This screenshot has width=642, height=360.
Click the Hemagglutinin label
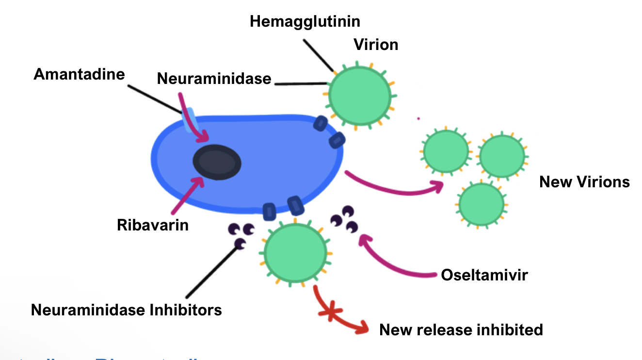[x=305, y=21]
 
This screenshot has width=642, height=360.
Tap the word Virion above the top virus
[x=376, y=45]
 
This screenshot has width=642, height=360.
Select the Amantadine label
[x=79, y=74]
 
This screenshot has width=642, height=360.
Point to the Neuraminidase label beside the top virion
[x=214, y=78]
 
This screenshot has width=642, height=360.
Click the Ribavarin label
[x=153, y=225]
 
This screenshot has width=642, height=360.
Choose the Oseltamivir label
[x=484, y=275]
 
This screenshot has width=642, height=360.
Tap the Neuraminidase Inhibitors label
[x=127, y=310]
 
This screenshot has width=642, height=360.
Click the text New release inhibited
[x=461, y=330]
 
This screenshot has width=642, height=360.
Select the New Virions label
[x=584, y=182]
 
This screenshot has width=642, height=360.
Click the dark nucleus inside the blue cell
[x=217, y=163]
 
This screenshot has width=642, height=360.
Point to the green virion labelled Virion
[x=359, y=95]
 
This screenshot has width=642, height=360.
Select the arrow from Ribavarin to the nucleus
[x=187, y=196]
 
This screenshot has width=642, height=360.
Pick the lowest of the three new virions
[x=481, y=204]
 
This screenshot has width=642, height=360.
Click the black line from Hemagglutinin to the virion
[x=318, y=55]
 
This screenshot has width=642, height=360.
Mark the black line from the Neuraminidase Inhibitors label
[x=212, y=272]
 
